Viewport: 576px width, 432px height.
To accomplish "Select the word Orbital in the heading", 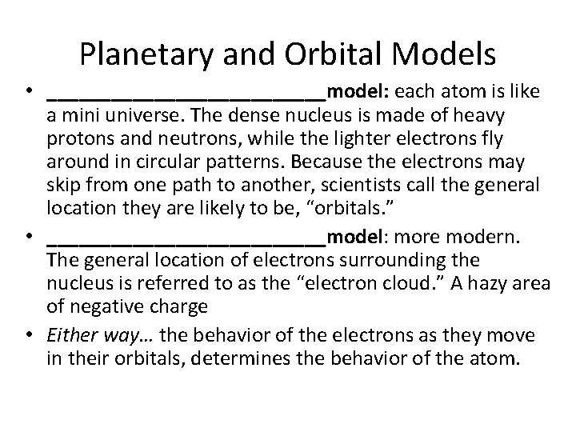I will tap(346, 54).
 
